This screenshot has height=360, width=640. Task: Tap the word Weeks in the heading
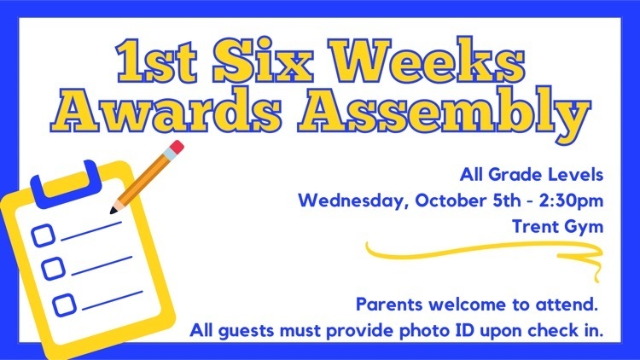point(428,60)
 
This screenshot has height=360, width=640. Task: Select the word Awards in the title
point(166,109)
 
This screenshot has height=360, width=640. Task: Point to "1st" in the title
point(156,61)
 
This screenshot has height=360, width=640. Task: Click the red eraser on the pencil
point(177,147)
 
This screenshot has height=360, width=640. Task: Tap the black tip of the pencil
point(113,211)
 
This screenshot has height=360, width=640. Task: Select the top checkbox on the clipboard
point(44,235)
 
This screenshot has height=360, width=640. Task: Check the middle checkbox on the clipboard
point(54,269)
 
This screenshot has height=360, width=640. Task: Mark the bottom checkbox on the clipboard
point(65,305)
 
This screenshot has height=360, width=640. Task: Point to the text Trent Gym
point(557,227)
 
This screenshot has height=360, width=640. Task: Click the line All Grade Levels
point(532,175)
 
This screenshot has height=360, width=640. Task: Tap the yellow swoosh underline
point(481,250)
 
